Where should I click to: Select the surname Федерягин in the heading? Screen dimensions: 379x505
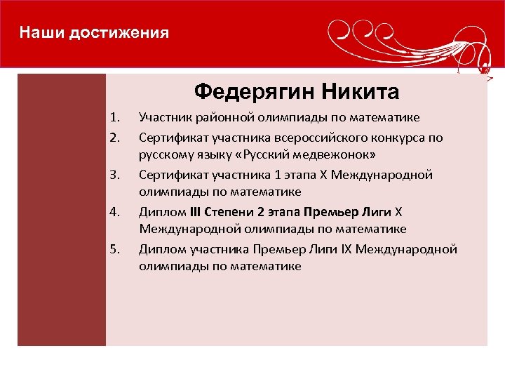254,91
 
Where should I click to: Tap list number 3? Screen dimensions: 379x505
116,173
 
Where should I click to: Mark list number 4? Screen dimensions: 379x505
116,211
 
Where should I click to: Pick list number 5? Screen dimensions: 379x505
116,248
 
